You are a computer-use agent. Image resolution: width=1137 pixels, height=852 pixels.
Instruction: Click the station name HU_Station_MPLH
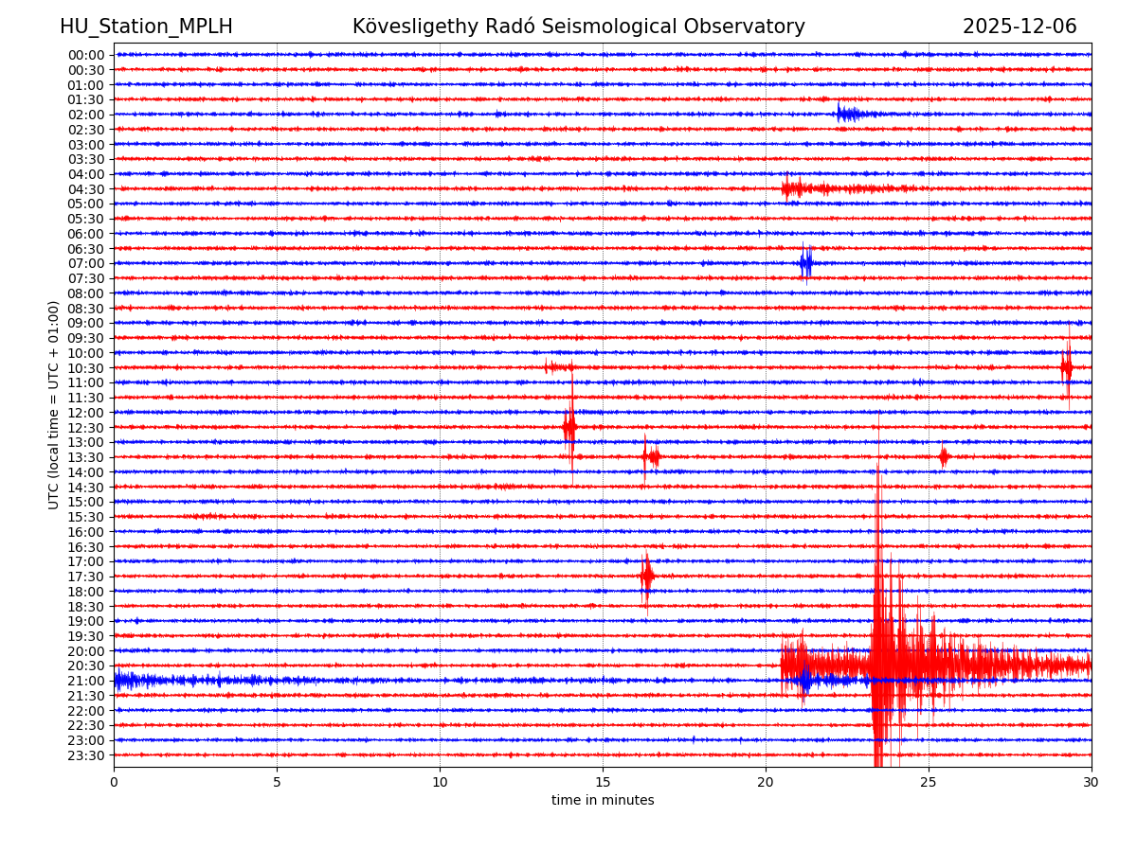point(146,27)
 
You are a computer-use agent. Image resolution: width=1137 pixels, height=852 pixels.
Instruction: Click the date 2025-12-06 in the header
point(1020,27)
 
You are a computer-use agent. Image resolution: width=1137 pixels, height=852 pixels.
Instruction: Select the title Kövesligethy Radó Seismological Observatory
point(578,27)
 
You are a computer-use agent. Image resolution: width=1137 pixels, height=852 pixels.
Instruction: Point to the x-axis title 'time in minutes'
point(603,800)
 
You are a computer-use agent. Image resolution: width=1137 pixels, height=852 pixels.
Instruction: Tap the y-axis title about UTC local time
point(54,404)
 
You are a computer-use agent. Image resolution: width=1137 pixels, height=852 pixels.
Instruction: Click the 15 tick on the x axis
point(603,782)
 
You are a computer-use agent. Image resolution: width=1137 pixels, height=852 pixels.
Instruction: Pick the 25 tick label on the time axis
point(929,782)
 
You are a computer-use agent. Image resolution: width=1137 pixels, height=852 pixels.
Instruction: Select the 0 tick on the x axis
point(114,782)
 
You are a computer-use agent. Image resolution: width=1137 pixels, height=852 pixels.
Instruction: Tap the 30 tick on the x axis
point(1092,782)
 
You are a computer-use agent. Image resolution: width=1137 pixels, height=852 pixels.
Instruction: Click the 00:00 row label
point(86,55)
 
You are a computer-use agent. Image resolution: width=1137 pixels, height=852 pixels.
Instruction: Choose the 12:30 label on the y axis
point(86,428)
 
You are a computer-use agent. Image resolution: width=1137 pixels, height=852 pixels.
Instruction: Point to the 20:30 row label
point(86,666)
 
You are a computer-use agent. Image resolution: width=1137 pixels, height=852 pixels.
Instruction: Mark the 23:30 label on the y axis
point(86,755)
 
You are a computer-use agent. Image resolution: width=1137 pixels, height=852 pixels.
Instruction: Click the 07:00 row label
point(86,263)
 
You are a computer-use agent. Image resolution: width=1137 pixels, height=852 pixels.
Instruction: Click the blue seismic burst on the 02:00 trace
point(847,115)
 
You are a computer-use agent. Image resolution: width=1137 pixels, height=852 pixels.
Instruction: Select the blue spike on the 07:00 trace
point(805,263)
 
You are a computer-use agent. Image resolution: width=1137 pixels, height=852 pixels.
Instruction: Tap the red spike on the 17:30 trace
point(646,576)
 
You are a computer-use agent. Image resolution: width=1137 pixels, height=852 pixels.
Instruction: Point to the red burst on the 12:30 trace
point(569,427)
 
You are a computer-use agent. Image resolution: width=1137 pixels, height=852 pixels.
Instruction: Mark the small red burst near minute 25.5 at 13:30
point(944,457)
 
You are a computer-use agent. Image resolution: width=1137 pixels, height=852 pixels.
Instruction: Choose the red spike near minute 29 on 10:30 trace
point(1067,367)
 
